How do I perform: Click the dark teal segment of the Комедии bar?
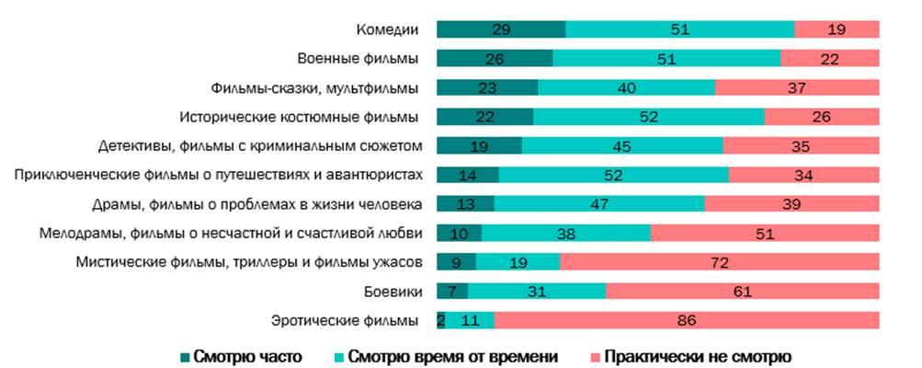(x=500, y=29)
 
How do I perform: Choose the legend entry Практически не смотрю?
(x=688, y=355)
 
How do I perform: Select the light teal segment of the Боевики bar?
(x=537, y=292)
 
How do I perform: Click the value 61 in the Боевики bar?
(x=743, y=292)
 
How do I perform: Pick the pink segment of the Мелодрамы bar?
(x=765, y=233)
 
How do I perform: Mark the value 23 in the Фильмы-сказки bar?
(x=487, y=88)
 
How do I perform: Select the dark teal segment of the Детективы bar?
(x=479, y=146)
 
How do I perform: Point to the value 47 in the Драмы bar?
(x=599, y=204)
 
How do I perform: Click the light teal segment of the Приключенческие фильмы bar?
(x=613, y=175)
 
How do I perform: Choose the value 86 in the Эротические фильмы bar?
(x=686, y=320)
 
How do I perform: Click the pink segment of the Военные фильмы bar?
(x=830, y=59)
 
